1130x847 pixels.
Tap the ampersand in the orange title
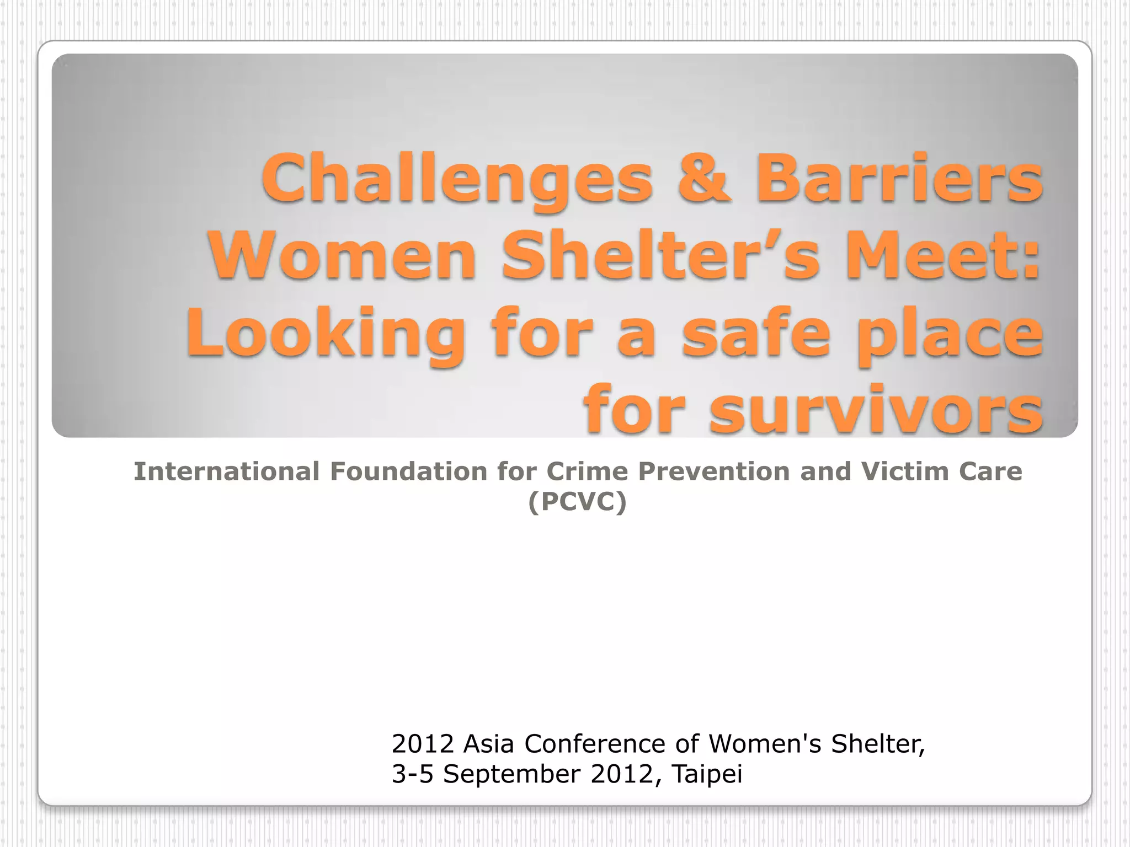tap(704, 178)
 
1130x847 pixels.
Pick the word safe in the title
tap(756, 333)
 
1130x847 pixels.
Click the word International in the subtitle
tap(227, 471)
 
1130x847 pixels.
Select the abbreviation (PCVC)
tap(577, 501)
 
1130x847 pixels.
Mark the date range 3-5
tap(412, 774)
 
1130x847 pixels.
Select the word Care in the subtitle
tap(991, 471)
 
